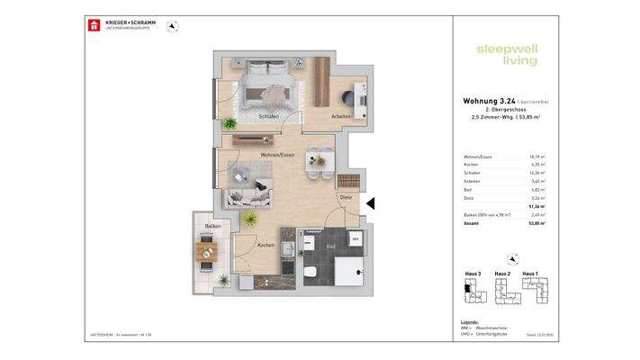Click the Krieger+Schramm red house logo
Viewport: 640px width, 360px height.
point(93,25)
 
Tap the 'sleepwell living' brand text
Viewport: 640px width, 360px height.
point(507,54)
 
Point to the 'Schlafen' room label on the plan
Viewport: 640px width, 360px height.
point(268,116)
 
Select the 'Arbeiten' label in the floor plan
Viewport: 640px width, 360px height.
point(340,116)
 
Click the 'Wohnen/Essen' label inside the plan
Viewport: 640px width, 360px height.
point(277,155)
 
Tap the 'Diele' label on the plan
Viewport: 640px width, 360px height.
point(345,197)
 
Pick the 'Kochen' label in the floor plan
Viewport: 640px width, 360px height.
point(266,245)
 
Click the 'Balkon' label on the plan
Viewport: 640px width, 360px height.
point(213,226)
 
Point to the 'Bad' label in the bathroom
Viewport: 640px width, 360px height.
point(330,245)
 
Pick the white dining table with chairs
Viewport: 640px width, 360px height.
point(315,157)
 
